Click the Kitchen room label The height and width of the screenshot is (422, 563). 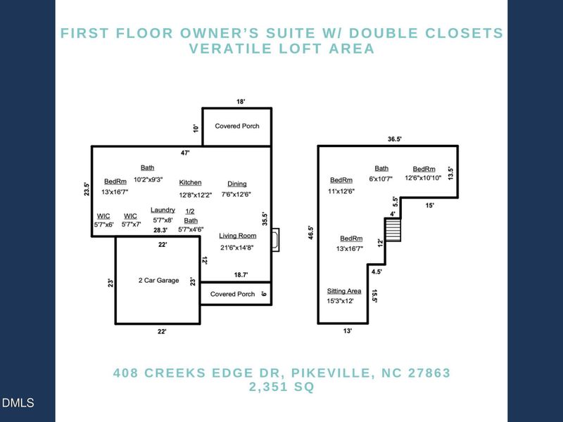pyautogui.click(x=190, y=183)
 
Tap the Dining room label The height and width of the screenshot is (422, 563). pyautogui.click(x=237, y=184)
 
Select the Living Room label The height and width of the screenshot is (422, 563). pyautogui.click(x=238, y=236)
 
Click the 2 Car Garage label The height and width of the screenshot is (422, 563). pyautogui.click(x=159, y=280)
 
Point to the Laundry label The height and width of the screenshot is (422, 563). pyautogui.click(x=163, y=210)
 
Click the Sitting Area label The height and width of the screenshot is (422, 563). pyautogui.click(x=344, y=291)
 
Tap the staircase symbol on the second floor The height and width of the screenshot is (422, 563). pyautogui.click(x=393, y=230)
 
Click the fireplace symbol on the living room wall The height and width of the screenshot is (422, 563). pyautogui.click(x=275, y=240)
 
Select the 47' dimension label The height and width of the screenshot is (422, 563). pyautogui.click(x=185, y=153)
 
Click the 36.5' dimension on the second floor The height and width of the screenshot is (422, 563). pyautogui.click(x=394, y=139)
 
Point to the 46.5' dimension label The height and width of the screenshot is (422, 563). pyautogui.click(x=311, y=233)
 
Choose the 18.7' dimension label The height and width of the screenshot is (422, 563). pyautogui.click(x=241, y=275)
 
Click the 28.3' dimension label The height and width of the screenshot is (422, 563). pyautogui.click(x=160, y=230)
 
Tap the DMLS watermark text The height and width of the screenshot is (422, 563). pyautogui.click(x=18, y=402)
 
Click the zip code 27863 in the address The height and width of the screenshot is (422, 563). pyautogui.click(x=429, y=373)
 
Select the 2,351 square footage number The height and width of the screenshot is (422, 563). pyautogui.click(x=270, y=387)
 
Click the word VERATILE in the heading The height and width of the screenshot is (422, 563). pyautogui.click(x=231, y=49)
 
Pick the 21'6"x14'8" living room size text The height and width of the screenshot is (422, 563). pyautogui.click(x=237, y=248)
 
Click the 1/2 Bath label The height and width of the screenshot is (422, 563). pyautogui.click(x=190, y=216)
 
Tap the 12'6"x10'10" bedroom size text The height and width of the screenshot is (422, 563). pyautogui.click(x=423, y=178)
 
